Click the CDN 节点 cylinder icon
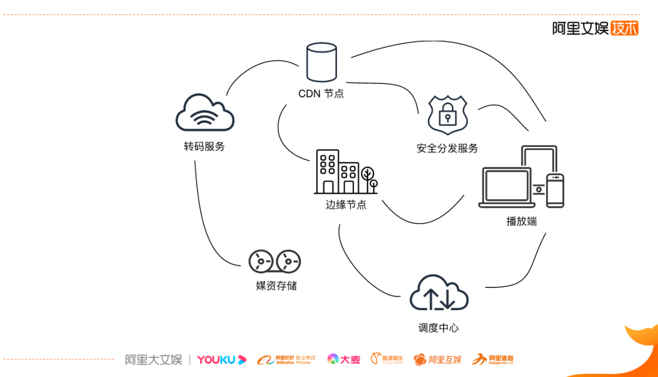tap(322, 62)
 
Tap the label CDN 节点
tap(321, 94)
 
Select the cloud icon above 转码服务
tap(205, 113)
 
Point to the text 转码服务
tap(205, 146)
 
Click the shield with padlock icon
tap(447, 115)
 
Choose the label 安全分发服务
tap(447, 148)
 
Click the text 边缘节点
tap(346, 205)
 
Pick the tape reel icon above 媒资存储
tap(275, 261)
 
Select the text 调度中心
tap(439, 328)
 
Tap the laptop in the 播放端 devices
tap(506, 188)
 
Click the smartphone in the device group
tap(554, 190)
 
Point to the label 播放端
tap(522, 221)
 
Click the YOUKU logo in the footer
tap(221, 360)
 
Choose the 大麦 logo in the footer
tap(344, 359)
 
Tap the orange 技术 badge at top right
tap(624, 28)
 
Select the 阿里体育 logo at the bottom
tap(493, 359)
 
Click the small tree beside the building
tap(369, 175)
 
